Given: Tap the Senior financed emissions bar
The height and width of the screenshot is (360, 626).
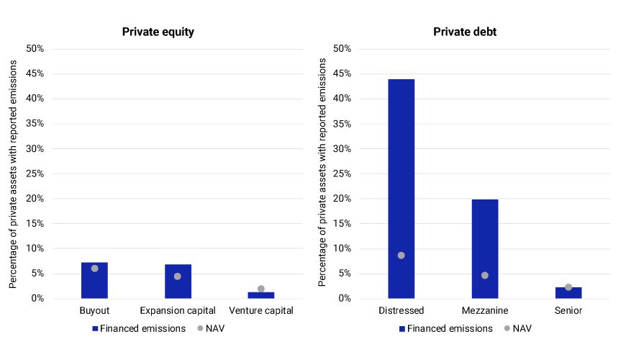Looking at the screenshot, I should click(568, 293).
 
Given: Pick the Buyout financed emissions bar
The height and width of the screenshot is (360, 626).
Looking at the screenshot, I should click(94, 280).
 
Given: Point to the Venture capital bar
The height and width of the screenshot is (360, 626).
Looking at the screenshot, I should click(261, 294).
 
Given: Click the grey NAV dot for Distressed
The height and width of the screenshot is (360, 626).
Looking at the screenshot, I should click(401, 256).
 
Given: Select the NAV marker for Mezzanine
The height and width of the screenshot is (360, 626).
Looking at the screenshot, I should click(484, 275).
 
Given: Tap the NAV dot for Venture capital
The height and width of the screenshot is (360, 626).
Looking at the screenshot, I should click(261, 289).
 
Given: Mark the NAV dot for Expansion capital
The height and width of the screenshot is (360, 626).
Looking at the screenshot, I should click(178, 276).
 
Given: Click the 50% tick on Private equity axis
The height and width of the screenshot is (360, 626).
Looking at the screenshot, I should click(35, 49).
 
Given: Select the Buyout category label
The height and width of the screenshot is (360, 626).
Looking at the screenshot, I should click(94, 311).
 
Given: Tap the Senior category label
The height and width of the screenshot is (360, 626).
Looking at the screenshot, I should click(568, 311).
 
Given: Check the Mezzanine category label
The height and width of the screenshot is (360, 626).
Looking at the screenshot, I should click(484, 311).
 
